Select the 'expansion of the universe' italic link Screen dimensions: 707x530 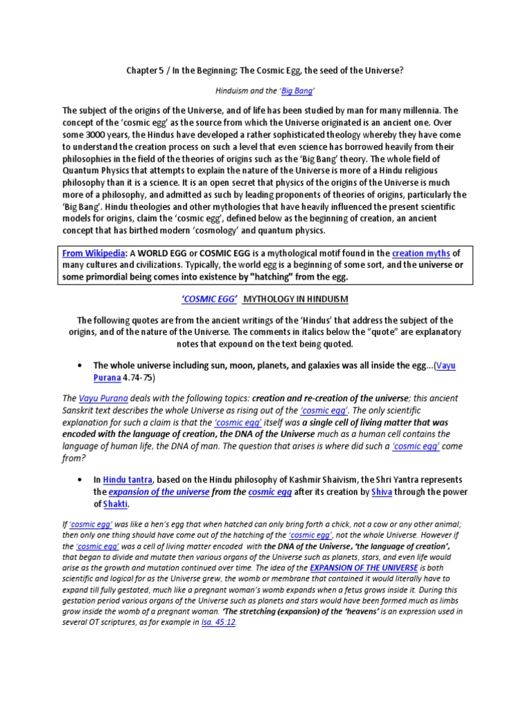tap(159, 492)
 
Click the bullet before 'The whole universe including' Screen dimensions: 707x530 tap(81, 366)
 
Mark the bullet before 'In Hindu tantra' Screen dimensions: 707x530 tap(81, 479)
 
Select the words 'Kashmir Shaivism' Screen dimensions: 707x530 tap(311, 479)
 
